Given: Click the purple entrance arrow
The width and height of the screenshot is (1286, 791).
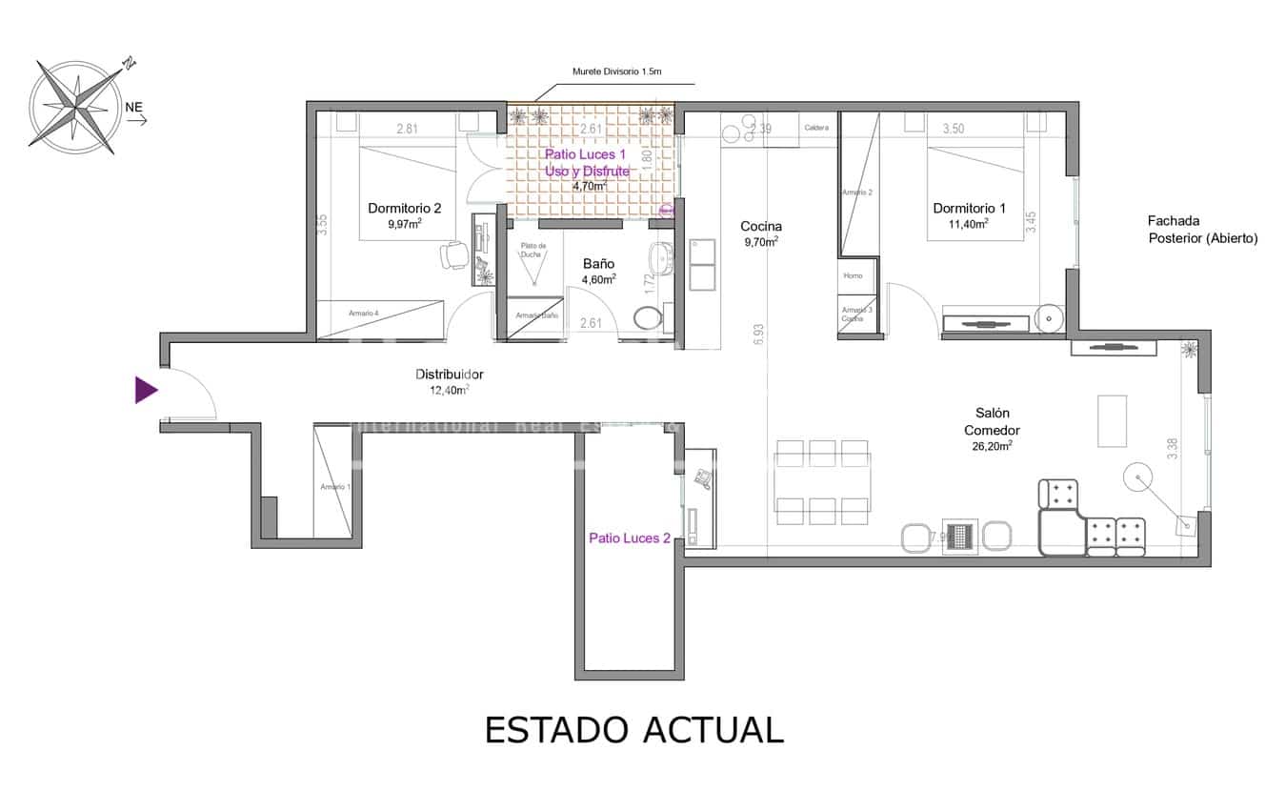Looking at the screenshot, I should point(146,390).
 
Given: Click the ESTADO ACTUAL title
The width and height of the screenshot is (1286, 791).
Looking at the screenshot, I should point(633,729).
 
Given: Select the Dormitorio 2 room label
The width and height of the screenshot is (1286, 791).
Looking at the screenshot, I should point(405,208).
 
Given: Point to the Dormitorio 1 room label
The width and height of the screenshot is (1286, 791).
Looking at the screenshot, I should point(969,208).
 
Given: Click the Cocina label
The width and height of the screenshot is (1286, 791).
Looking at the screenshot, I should point(761,226).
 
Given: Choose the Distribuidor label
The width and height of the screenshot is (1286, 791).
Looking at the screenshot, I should point(449,375).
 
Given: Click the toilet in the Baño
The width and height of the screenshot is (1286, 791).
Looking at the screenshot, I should point(648,319).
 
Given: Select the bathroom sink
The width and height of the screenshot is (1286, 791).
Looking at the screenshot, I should point(661,257).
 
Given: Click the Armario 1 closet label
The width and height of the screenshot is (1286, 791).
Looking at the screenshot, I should point(335,487).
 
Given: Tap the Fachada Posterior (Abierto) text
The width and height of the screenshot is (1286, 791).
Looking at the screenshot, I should point(1202,230).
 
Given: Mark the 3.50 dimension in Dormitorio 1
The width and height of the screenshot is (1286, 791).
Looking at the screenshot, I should point(954,128).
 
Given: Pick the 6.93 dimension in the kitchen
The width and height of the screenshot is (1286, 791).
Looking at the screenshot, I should point(758,334).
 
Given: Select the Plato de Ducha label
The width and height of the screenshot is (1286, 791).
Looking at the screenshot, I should point(532,251).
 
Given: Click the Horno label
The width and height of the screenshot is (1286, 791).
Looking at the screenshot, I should point(853,275).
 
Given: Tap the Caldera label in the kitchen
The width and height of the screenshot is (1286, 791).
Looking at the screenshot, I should point(816,128).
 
